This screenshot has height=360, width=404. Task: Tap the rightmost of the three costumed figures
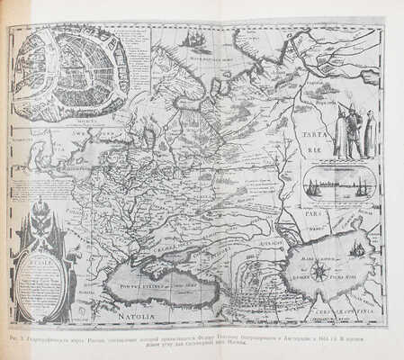pos(370,132)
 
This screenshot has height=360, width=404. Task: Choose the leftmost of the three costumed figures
pos(340,133)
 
